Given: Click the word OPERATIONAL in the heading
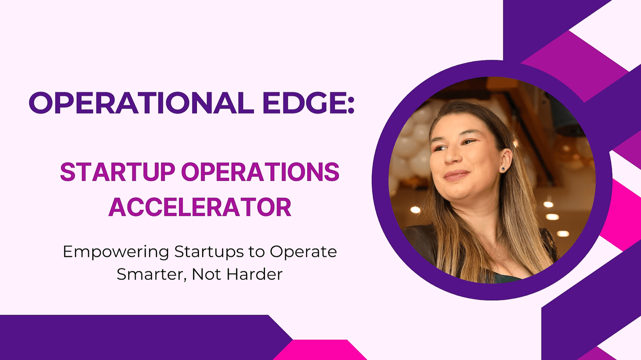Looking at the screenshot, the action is (x=141, y=103).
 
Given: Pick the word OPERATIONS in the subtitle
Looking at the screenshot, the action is (x=260, y=172).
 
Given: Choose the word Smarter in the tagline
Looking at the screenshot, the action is (x=151, y=274).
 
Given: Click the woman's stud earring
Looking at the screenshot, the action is (x=502, y=169).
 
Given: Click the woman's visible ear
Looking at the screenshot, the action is (x=505, y=161).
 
